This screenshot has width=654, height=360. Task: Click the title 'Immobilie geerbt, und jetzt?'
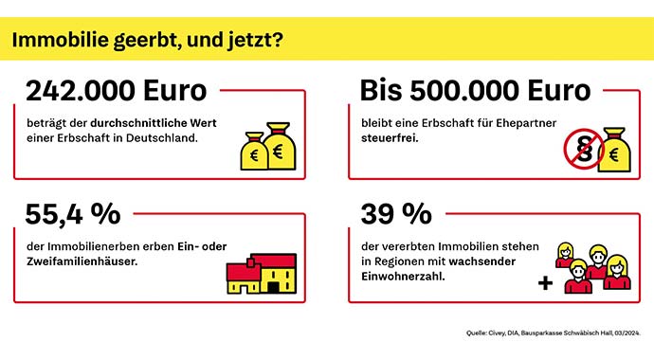click(x=147, y=41)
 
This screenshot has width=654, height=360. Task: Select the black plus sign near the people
click(x=544, y=282)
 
